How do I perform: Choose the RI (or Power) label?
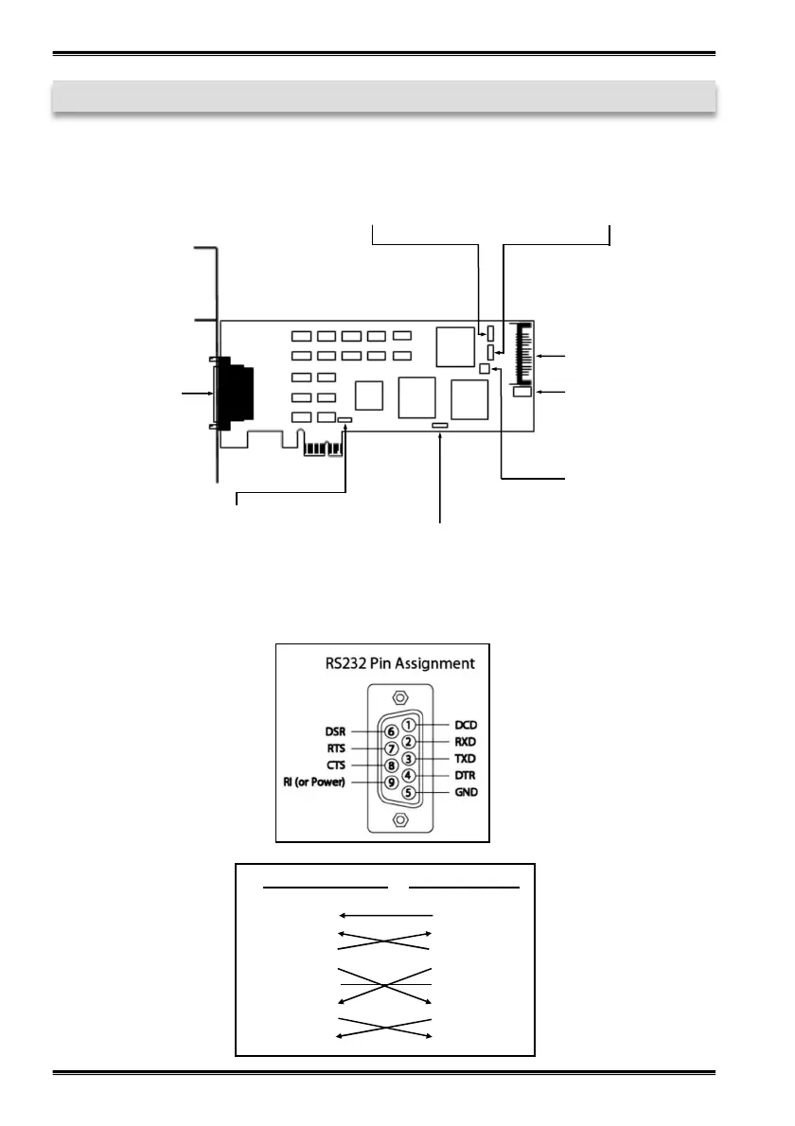point(322,783)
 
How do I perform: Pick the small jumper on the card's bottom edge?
point(440,427)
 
